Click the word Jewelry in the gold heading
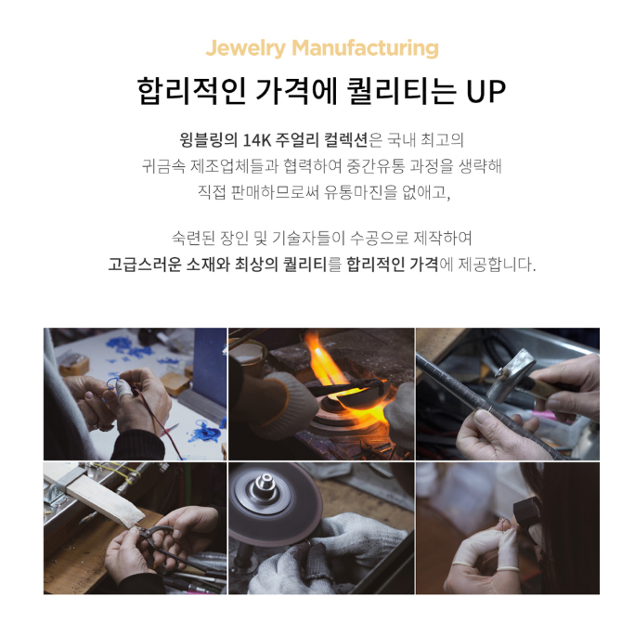pos(245,48)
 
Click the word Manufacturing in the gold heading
pos(366,47)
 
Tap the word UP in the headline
pos(486,91)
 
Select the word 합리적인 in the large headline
pos(191,91)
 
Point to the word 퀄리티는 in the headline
pos(401,91)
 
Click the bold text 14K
pos(256,140)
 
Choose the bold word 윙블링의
pos(208,140)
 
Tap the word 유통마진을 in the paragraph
pos(360,192)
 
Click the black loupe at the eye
pos(526,511)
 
